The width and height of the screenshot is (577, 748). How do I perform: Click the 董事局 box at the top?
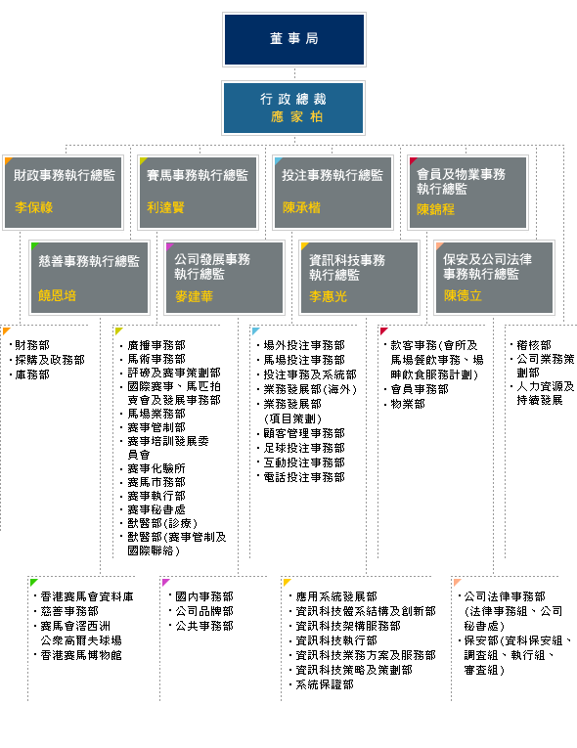294,39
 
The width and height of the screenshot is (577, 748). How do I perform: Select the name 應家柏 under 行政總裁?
297,117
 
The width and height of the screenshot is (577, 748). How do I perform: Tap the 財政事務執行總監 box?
63,193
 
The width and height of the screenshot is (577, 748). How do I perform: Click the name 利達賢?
165,207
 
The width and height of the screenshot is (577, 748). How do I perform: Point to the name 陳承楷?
301,207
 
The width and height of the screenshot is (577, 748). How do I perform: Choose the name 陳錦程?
435,209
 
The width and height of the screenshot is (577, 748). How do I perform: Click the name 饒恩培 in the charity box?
58,295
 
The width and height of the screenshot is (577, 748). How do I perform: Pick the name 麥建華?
194,296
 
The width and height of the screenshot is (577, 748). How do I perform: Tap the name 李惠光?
328,296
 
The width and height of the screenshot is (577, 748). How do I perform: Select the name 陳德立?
463,295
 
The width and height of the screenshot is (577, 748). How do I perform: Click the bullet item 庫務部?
32,374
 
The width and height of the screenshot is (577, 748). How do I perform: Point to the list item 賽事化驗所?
156,468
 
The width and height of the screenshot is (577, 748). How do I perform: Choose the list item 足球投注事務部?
304,448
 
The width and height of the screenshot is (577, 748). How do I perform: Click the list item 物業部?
408,404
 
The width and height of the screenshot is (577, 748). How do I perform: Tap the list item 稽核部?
534,345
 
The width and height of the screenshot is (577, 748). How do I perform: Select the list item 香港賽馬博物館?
81,655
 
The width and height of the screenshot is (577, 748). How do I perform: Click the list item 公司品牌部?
204,611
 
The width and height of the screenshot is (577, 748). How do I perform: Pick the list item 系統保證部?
325,684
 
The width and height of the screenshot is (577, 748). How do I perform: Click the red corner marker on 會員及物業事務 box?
414,160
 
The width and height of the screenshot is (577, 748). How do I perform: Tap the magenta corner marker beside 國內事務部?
165,582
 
